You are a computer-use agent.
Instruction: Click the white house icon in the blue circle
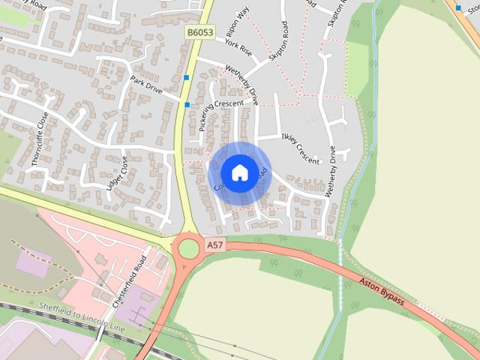click(239, 172)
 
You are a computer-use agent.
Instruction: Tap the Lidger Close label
click(118, 173)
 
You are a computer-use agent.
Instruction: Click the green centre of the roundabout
click(188, 247)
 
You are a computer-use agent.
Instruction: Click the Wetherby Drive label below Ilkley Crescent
click(331, 172)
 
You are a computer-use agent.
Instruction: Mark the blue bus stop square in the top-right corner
click(457, 7)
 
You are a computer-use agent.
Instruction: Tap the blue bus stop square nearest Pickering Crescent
click(187, 104)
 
